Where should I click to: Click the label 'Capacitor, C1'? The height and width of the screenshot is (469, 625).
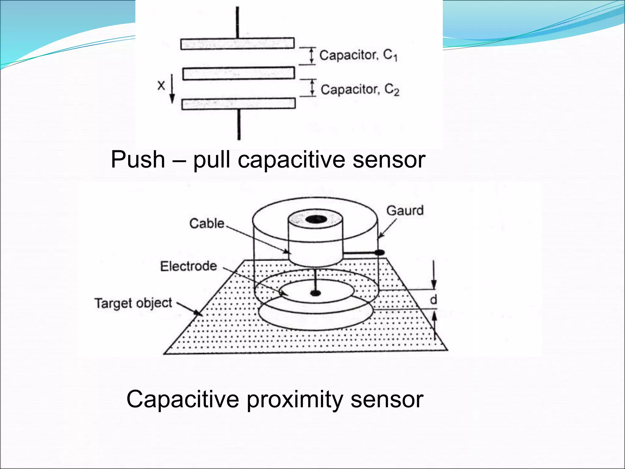pyautogui.click(x=358, y=55)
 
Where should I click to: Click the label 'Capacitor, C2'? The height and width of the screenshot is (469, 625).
pyautogui.click(x=360, y=89)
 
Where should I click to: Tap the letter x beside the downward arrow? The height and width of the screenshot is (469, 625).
pyautogui.click(x=161, y=85)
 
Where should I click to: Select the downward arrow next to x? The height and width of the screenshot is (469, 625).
pyautogui.click(x=172, y=89)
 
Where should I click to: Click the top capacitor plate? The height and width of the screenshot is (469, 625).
pyautogui.click(x=237, y=43)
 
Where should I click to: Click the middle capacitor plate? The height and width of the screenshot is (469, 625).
pyautogui.click(x=239, y=74)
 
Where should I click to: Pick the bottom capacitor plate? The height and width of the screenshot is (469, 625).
pyautogui.click(x=239, y=104)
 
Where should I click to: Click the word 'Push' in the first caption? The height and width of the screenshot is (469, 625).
pyautogui.click(x=138, y=159)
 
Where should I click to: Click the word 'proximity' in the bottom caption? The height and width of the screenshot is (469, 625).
pyautogui.click(x=294, y=399)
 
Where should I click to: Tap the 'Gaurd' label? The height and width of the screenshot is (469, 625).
pyautogui.click(x=405, y=211)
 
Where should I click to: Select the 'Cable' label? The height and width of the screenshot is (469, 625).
pyautogui.click(x=207, y=224)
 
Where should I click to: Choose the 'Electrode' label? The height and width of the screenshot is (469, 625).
pyautogui.click(x=188, y=266)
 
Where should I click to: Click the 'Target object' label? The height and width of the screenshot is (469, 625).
pyautogui.click(x=133, y=303)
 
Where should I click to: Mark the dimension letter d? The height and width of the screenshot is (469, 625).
pyautogui.click(x=433, y=300)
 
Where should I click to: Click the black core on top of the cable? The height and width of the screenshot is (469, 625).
pyautogui.click(x=316, y=219)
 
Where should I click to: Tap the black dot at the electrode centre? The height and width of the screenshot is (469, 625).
pyautogui.click(x=315, y=293)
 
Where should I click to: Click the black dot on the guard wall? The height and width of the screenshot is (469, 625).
pyautogui.click(x=379, y=253)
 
